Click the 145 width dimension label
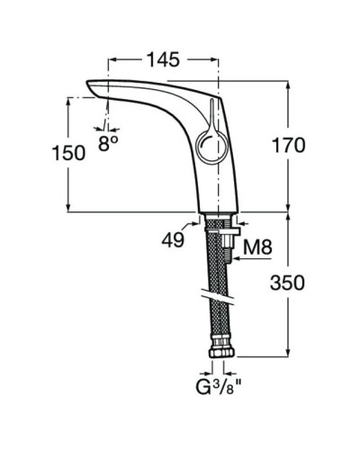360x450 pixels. click(x=163, y=59)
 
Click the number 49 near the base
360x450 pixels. click(x=173, y=239)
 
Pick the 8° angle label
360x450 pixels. click(x=108, y=142)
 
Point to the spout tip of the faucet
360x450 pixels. click(x=93, y=86)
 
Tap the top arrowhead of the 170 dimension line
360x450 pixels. click(x=287, y=81)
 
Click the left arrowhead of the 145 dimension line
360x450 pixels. click(x=112, y=59)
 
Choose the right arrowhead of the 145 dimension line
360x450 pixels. click(x=215, y=59)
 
